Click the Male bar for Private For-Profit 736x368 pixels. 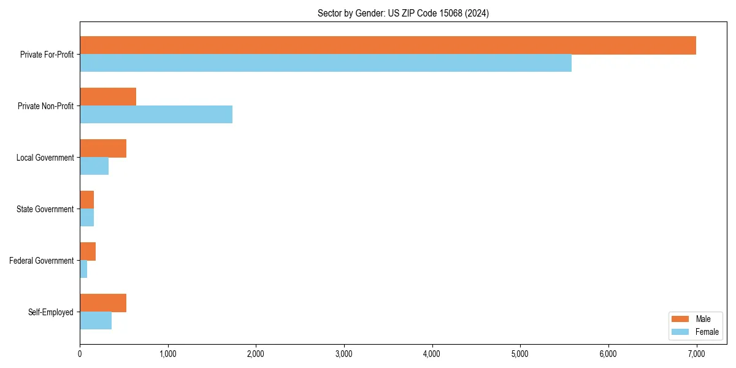click(x=388, y=45)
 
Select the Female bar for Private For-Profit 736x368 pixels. click(x=326, y=63)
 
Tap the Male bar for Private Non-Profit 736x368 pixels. click(x=108, y=97)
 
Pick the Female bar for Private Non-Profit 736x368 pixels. click(x=156, y=115)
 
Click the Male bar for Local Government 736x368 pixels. click(x=103, y=148)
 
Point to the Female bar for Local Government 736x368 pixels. click(x=94, y=166)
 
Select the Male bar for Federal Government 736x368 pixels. click(x=88, y=251)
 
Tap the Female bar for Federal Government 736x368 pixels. click(x=83, y=269)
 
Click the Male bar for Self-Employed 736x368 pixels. click(x=103, y=303)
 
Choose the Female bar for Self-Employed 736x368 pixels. click(x=96, y=321)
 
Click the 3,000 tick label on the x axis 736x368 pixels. click(x=344, y=354)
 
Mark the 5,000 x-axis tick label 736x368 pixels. click(x=520, y=354)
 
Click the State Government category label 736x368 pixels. click(x=45, y=209)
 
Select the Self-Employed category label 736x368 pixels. click(x=50, y=312)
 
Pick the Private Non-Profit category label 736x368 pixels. click(x=45, y=106)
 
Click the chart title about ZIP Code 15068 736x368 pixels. click(x=403, y=13)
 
